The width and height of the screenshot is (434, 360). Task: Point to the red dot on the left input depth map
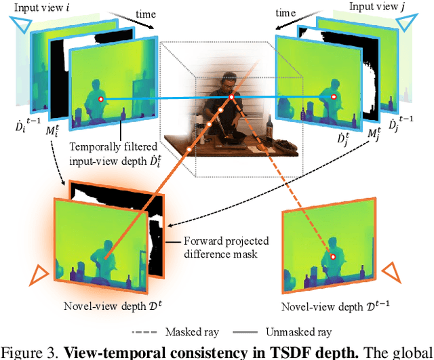pos(102,100)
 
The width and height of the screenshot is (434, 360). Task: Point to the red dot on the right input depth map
pos(333,98)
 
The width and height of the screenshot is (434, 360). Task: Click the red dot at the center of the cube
pos(232,98)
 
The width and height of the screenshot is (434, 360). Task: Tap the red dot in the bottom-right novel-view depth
pos(334,256)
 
